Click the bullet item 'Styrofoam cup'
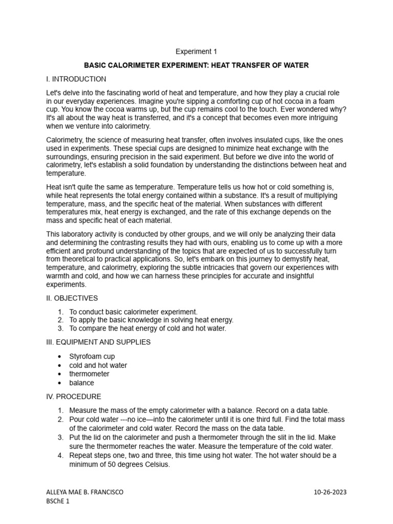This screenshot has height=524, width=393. click(92, 356)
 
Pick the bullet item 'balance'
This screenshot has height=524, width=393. click(82, 383)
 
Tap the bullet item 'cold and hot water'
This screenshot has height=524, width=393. click(98, 365)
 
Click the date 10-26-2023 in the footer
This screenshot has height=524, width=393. click(330, 492)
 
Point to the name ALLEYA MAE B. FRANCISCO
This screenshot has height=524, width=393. click(84, 492)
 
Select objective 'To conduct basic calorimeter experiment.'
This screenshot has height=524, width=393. click(133, 312)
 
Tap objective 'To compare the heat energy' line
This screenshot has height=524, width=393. click(147, 329)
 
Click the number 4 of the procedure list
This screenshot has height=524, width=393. click(60, 455)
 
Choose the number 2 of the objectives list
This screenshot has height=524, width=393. click(60, 320)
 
